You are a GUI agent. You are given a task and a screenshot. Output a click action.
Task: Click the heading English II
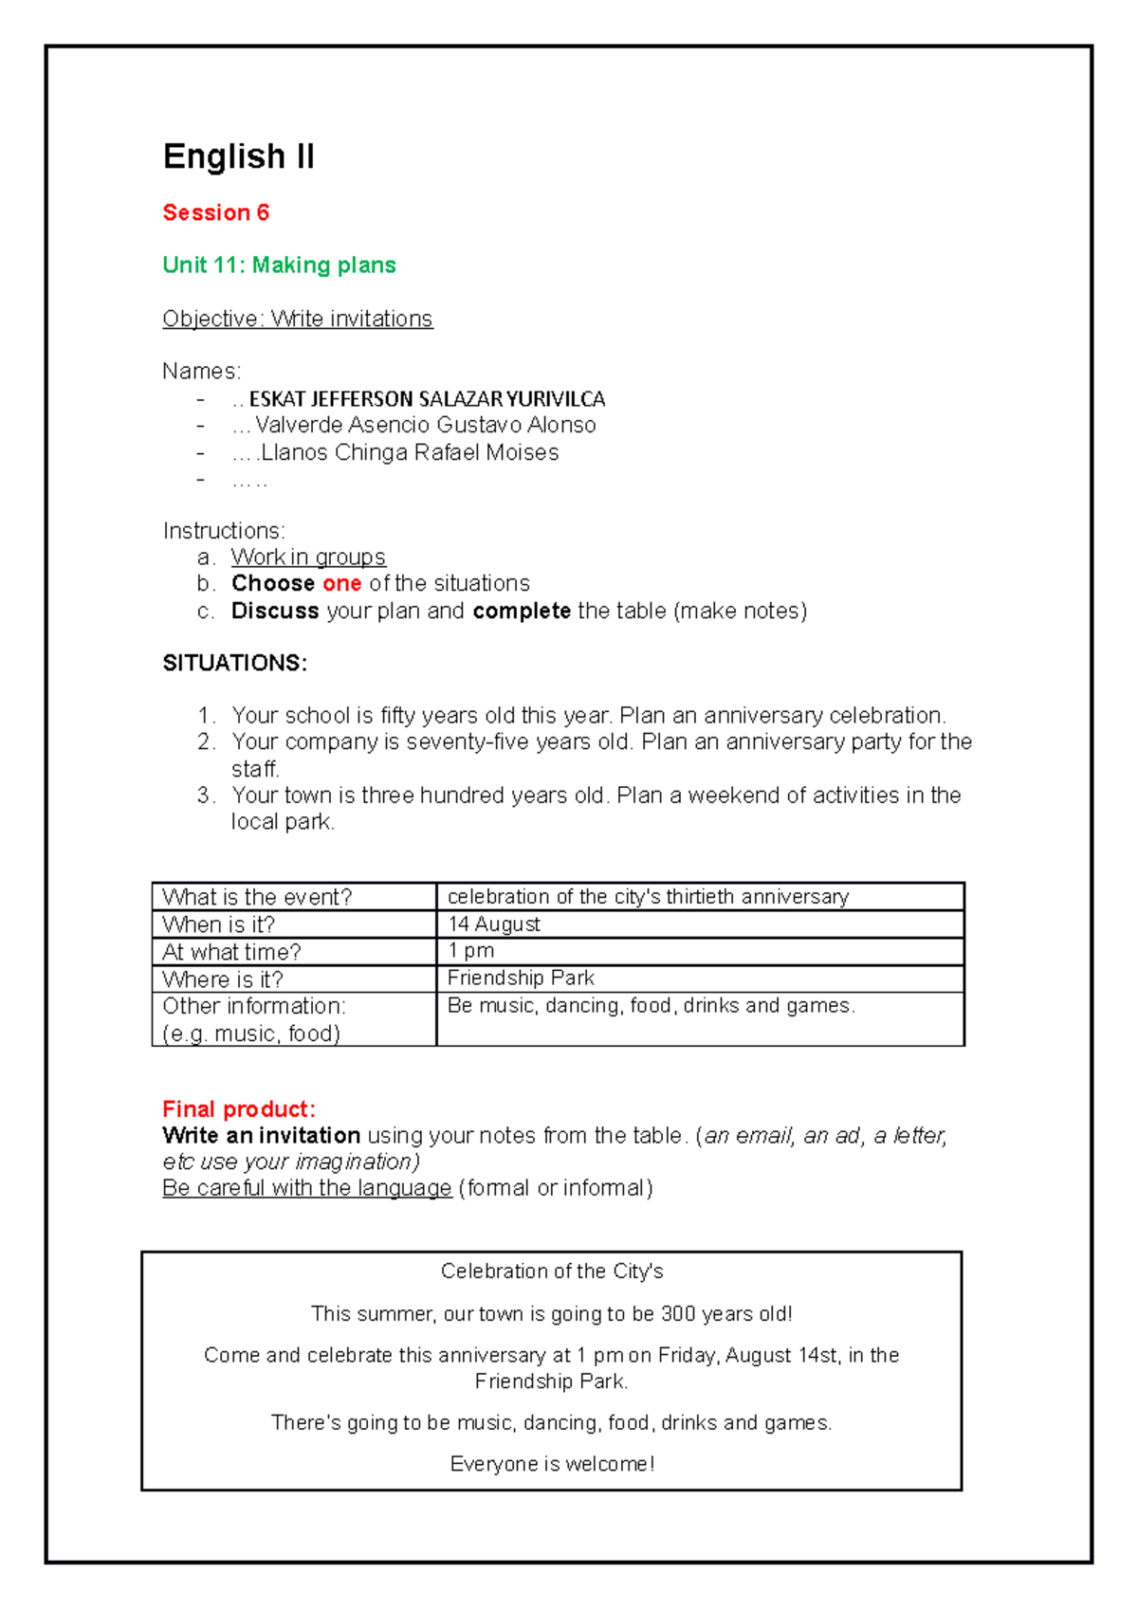tap(238, 156)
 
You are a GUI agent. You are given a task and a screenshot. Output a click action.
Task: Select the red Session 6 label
tap(215, 212)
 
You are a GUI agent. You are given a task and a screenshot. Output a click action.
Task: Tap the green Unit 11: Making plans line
tap(279, 265)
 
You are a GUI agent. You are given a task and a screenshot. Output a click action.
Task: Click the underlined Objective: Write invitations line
tap(297, 319)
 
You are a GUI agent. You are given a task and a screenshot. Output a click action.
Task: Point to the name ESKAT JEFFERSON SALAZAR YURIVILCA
tap(427, 398)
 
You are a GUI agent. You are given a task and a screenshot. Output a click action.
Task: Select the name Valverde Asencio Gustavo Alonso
tap(425, 425)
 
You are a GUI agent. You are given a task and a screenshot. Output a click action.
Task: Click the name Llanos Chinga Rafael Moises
tap(409, 452)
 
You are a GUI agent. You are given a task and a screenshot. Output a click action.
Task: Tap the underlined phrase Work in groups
tap(308, 557)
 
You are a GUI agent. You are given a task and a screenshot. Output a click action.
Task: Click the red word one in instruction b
tap(341, 583)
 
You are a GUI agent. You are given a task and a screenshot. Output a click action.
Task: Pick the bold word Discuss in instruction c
tap(275, 611)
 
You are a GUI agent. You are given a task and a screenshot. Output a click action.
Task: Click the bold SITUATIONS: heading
tap(234, 663)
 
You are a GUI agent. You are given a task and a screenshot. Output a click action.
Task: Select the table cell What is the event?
tap(257, 897)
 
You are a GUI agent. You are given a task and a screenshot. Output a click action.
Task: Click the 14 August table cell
tap(494, 924)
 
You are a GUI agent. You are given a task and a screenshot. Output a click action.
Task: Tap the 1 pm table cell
tap(471, 950)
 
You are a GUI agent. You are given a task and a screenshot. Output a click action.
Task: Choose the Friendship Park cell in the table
tap(521, 978)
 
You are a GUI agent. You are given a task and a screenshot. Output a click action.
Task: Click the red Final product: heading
tap(239, 1109)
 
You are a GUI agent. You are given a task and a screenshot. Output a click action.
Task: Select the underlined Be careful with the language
tap(306, 1188)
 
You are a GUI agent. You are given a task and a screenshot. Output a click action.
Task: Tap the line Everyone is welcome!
tap(552, 1464)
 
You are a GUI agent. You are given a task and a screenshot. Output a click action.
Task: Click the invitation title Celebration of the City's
tap(552, 1272)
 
